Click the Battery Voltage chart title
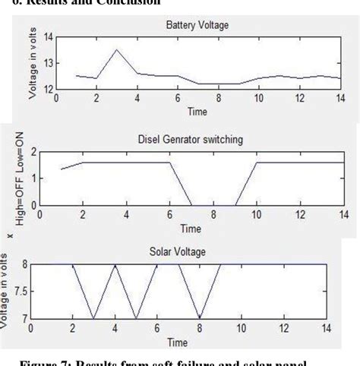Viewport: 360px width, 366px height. point(197,25)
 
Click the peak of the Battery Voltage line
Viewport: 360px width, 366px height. point(116,50)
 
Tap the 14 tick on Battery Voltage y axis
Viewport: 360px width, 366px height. point(48,36)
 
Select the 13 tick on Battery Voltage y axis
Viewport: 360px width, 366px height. point(48,63)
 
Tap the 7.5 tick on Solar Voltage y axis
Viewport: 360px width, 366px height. point(44,291)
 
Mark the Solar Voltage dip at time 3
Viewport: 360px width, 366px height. point(95,318)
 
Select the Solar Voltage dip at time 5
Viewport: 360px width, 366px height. point(137,318)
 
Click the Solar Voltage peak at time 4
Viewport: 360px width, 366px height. point(115,264)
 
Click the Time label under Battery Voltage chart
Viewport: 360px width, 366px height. point(197,112)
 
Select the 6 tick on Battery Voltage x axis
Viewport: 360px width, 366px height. point(178,99)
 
